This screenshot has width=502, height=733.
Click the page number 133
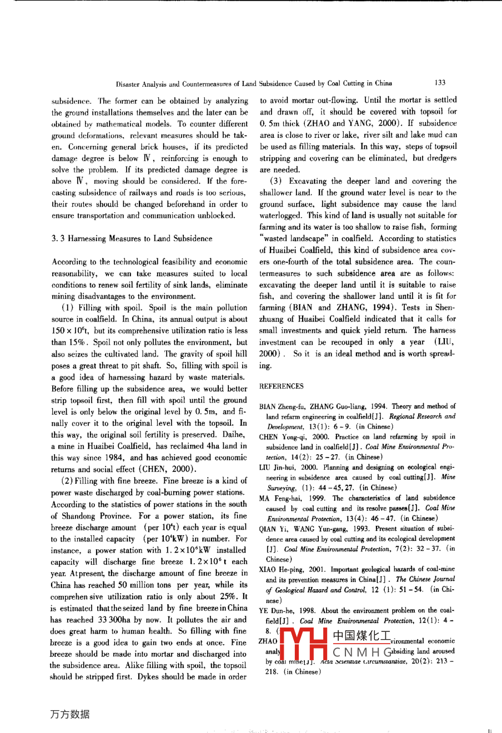[x=440, y=83]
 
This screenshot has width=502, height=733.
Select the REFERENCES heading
[x=282, y=386]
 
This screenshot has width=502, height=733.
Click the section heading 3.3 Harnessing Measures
[x=132, y=238]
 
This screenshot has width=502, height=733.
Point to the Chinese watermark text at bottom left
[x=69, y=715]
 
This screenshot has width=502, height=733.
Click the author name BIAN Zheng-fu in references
[x=282, y=406]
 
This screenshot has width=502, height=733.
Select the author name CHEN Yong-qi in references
[x=280, y=436]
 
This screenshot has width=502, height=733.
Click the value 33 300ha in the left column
[x=114, y=620]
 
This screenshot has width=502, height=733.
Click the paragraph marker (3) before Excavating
[x=278, y=181]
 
